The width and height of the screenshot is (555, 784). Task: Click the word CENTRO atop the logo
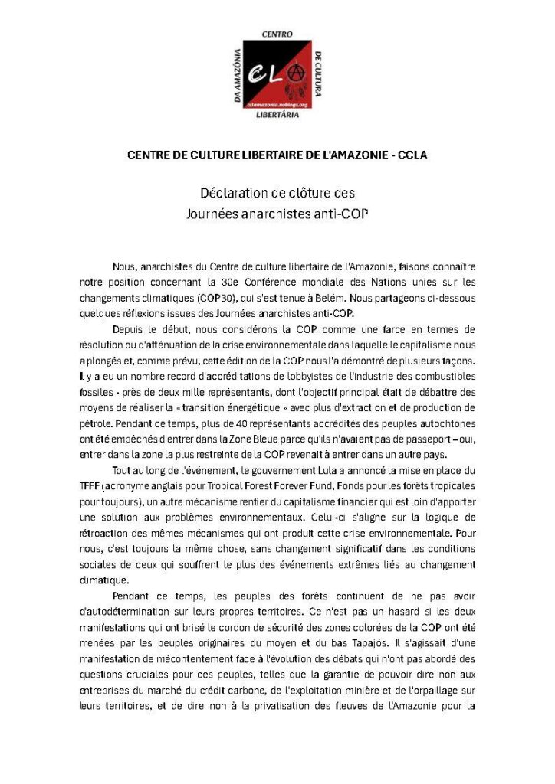pos(277,34)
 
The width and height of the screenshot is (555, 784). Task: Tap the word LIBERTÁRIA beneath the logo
pos(277,116)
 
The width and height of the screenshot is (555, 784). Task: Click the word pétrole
pos(97,422)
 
